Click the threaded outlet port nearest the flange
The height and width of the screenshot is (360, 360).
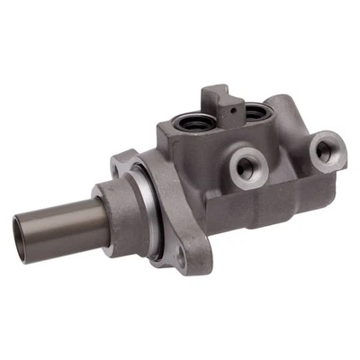pos(245,166)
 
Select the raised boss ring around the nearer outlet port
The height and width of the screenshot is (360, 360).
pos(235,162)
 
